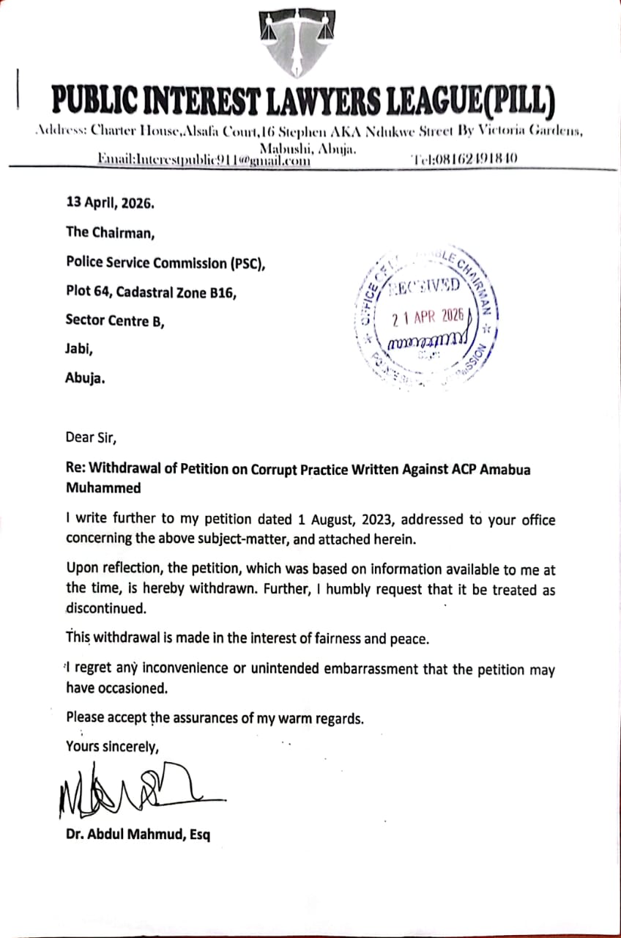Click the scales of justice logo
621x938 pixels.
[298, 45]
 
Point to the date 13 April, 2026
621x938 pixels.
[110, 203]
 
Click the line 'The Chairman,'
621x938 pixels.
[111, 232]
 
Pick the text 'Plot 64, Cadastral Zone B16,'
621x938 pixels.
[151, 292]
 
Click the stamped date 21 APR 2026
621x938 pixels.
[428, 317]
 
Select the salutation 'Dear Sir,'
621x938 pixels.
[91, 438]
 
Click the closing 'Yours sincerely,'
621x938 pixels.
[111, 747]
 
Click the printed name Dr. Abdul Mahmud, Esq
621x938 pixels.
[138, 834]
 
